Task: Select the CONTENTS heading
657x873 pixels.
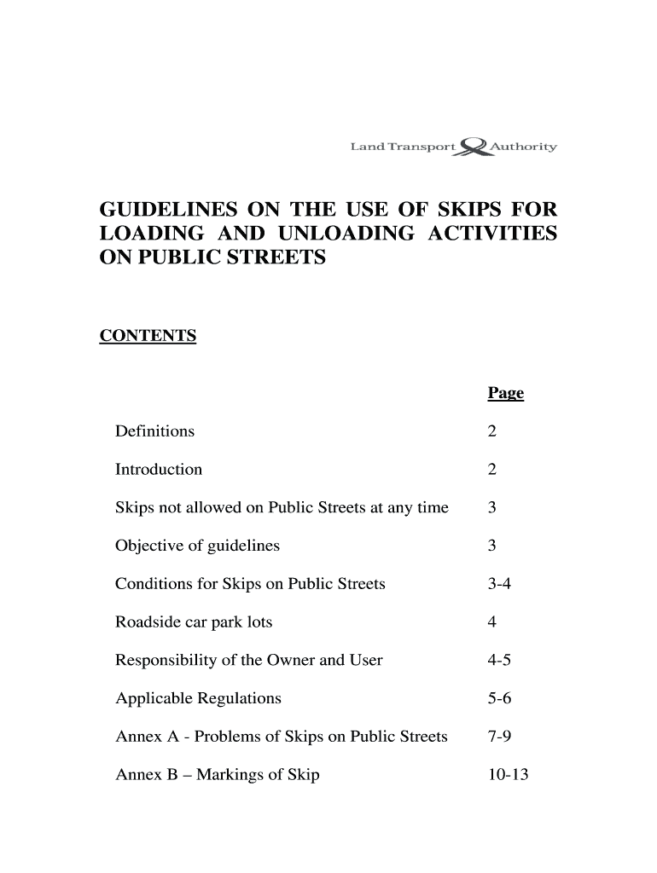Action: tap(148, 336)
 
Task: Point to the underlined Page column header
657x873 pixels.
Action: tap(505, 393)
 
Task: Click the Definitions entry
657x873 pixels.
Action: tap(154, 431)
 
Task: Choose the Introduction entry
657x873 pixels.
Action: tap(159, 470)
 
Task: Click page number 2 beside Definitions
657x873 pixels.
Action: tap(491, 431)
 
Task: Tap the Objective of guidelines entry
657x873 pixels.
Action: tap(197, 546)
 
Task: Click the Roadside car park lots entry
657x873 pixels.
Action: tap(194, 622)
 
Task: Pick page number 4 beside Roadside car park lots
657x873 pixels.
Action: tap(491, 622)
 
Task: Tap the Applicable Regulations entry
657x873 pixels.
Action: tap(198, 699)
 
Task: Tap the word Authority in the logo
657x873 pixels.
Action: tap(524, 147)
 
